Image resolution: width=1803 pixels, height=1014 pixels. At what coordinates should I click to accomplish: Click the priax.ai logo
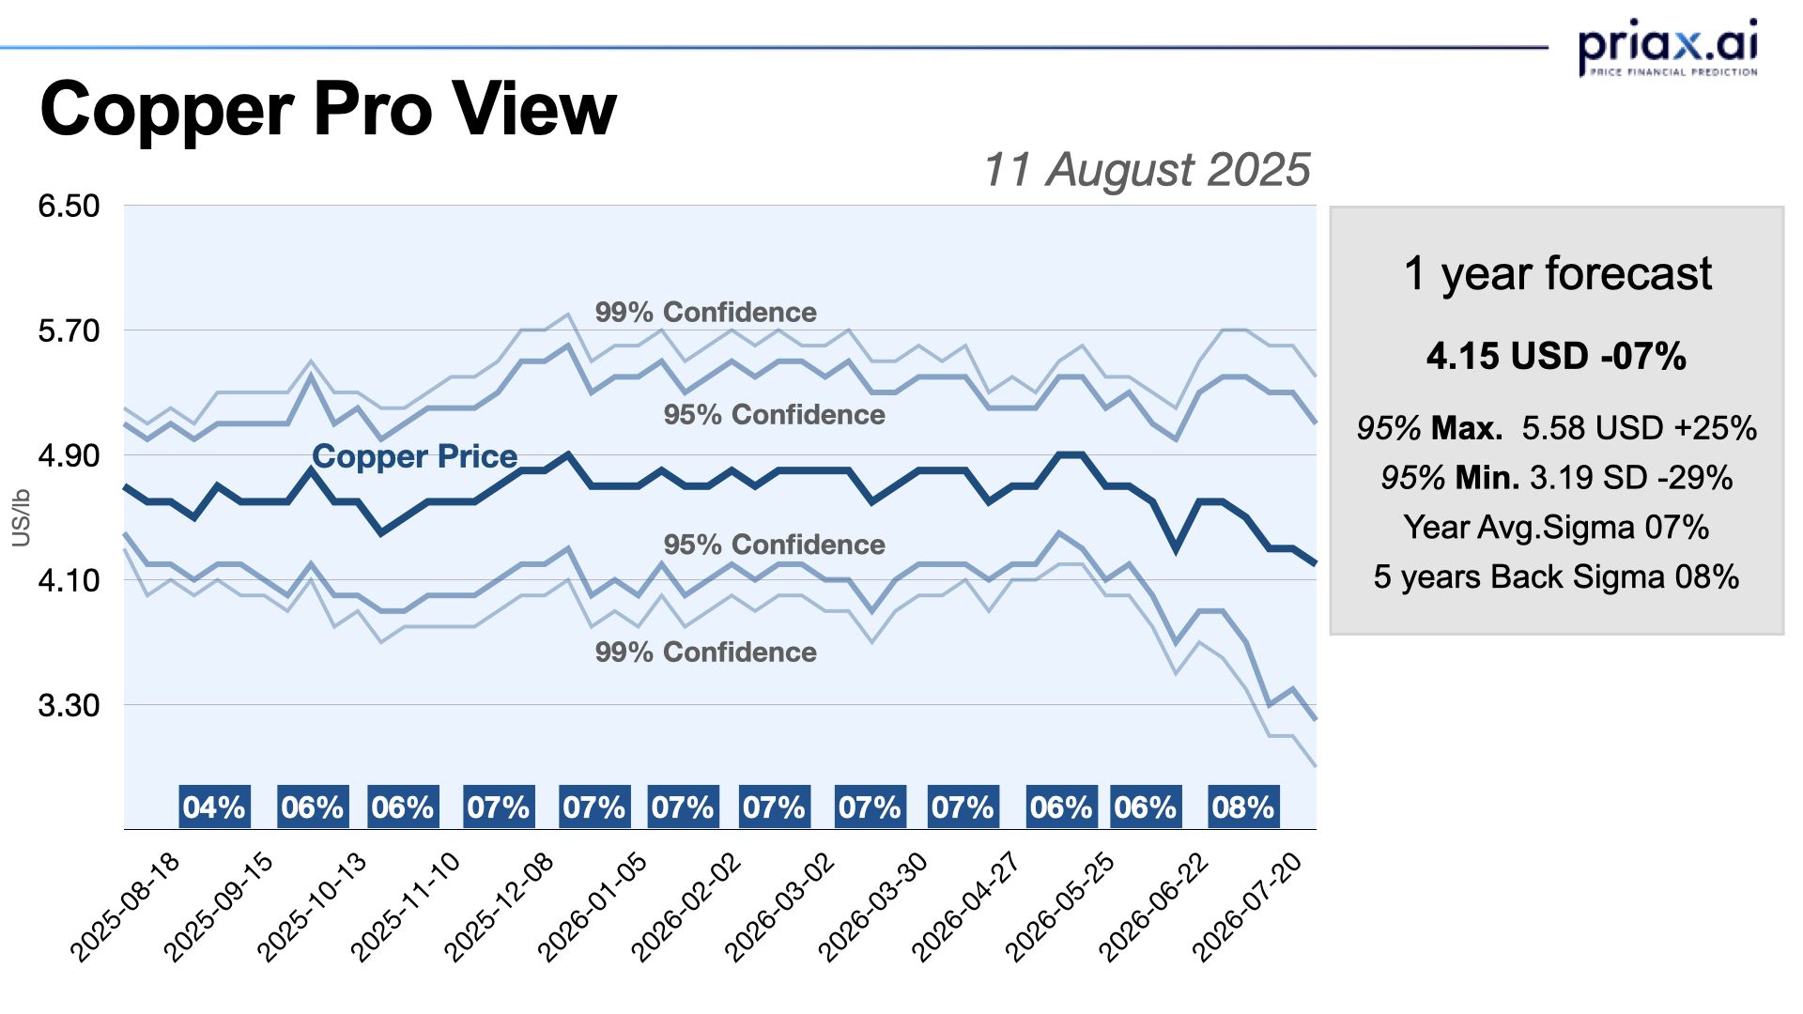[x=1667, y=47]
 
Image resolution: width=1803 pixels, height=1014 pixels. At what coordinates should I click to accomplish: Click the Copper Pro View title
[x=328, y=109]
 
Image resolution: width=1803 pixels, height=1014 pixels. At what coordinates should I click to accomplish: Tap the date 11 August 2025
[x=1146, y=170]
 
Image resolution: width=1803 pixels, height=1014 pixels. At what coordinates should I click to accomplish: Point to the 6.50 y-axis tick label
[x=69, y=206]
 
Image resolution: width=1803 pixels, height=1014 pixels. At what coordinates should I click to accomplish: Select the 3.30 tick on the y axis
[x=69, y=705]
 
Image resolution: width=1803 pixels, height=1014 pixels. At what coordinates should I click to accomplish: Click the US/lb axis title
[x=21, y=517]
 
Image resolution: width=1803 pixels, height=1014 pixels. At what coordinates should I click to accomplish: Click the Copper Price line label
[x=414, y=456]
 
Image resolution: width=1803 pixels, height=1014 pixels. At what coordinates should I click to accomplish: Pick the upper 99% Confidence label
[x=705, y=312]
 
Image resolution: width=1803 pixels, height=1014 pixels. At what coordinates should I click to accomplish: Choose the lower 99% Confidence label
[x=705, y=652]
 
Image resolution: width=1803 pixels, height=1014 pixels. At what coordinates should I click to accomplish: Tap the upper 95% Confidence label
[x=774, y=414]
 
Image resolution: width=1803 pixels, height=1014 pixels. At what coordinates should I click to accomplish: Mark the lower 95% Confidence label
[x=774, y=544]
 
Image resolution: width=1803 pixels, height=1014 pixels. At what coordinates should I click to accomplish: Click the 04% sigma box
[x=214, y=807]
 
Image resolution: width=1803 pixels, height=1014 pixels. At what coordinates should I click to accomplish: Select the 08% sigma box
[x=1242, y=807]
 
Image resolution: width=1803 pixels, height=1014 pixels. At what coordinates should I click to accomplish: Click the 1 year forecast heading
[x=1557, y=273]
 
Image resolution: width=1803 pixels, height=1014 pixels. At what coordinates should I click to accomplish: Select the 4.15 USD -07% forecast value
[x=1556, y=356]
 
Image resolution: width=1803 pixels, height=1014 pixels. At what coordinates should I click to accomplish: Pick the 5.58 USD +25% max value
[x=1639, y=428]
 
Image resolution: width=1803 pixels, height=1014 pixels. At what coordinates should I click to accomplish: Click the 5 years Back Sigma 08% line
[x=1556, y=576]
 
